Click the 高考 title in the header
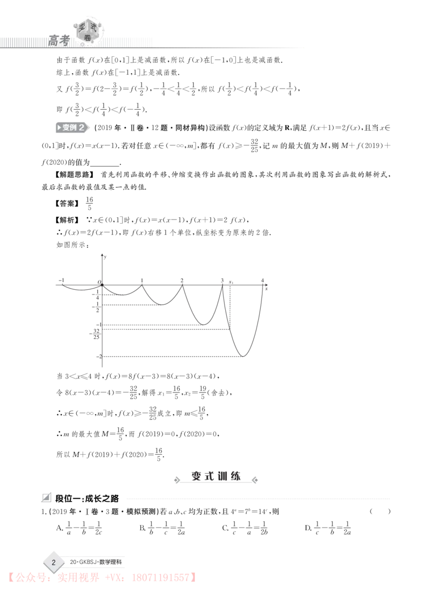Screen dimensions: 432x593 (x=59, y=40)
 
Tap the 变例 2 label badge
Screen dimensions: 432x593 (x=72, y=128)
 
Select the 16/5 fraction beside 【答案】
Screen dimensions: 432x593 (x=89, y=203)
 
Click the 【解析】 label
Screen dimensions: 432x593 (x=67, y=219)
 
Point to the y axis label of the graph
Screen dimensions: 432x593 (x=105, y=257)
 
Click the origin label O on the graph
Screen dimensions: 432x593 (x=99, y=282)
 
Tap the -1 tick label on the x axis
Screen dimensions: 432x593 (x=62, y=280)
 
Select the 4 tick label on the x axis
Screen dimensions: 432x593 (x=262, y=281)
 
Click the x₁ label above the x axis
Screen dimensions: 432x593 (x=231, y=282)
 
